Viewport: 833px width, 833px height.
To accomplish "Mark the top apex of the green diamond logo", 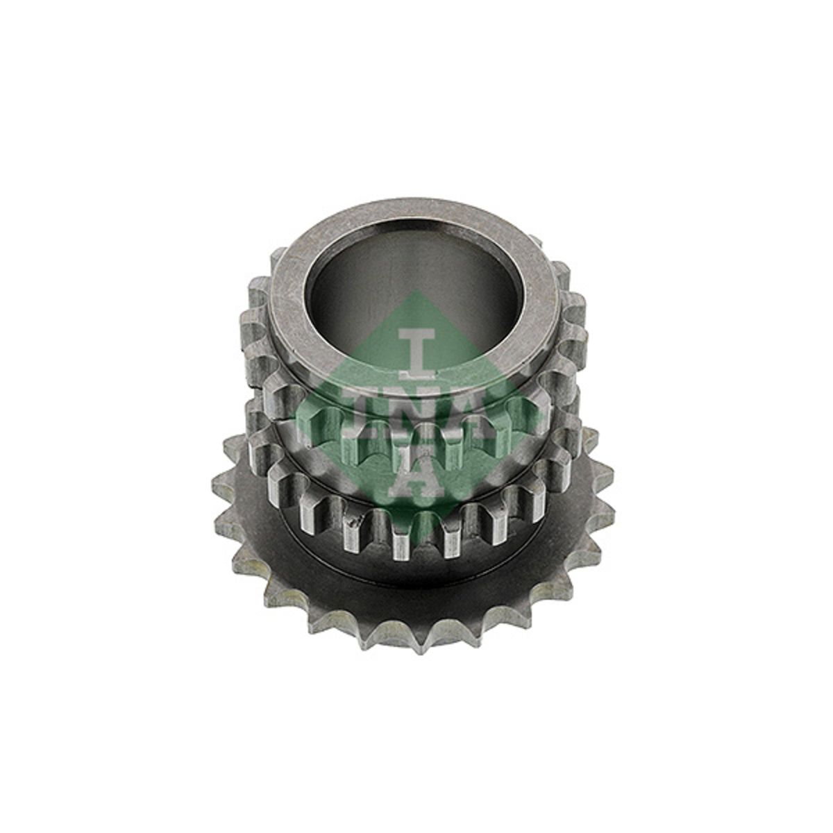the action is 416,289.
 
